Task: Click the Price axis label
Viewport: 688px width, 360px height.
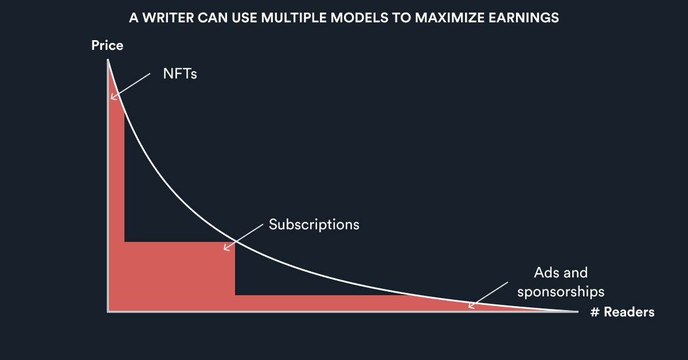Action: pyautogui.click(x=107, y=45)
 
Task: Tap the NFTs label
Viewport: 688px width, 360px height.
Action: pyautogui.click(x=180, y=74)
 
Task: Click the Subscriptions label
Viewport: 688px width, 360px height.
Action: pyautogui.click(x=314, y=224)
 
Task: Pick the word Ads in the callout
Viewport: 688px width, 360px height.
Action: pyautogui.click(x=545, y=272)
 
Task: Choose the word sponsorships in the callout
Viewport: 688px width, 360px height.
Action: pyautogui.click(x=561, y=292)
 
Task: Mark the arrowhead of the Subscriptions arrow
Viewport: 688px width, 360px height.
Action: pyautogui.click(x=225, y=249)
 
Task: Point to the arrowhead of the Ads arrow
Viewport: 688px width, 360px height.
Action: pyautogui.click(x=470, y=307)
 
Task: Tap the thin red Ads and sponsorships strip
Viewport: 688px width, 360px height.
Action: pyautogui.click(x=344, y=303)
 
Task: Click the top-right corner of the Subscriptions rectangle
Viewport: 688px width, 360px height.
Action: pyautogui.click(x=235, y=242)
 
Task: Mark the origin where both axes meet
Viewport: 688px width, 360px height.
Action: pyautogui.click(x=108, y=311)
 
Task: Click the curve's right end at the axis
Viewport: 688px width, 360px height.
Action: pyautogui.click(x=576, y=311)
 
